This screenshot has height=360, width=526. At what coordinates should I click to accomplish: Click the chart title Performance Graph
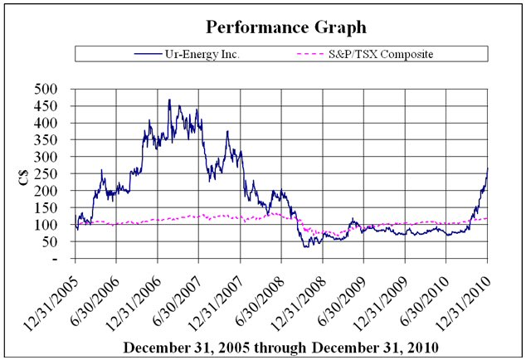point(262,27)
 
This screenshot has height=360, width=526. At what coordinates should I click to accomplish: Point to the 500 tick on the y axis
point(51,89)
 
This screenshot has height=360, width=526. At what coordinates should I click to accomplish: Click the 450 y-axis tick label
point(51,106)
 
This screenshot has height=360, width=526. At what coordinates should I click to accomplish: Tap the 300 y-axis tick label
point(51,157)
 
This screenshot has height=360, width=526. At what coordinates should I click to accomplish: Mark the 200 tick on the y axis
point(51,191)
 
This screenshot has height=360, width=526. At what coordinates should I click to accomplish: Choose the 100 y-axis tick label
point(51,225)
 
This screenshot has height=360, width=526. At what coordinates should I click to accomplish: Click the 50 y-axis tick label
point(55,241)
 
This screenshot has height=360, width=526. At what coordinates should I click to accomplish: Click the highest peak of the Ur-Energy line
point(169,100)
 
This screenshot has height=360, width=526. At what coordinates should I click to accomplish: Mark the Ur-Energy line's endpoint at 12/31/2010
point(487,168)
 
